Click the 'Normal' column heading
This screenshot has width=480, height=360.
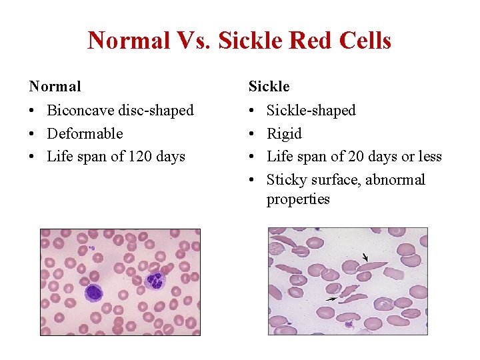coord(55,86)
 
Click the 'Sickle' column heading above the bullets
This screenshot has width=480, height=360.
coord(269,86)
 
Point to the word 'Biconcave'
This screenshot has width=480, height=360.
coord(82,110)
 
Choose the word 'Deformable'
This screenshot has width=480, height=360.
coord(85,133)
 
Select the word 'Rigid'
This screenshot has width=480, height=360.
coord(284,133)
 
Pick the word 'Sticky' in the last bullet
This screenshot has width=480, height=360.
coord(286,180)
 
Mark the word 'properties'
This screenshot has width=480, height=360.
coord(298,199)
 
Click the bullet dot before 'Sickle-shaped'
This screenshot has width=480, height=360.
coord(252,111)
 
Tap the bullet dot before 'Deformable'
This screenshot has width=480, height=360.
coord(33,134)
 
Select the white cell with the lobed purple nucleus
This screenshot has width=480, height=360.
coord(154,280)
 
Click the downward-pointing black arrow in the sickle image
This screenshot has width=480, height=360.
coord(364,257)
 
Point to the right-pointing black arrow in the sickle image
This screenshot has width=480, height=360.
coord(331,301)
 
